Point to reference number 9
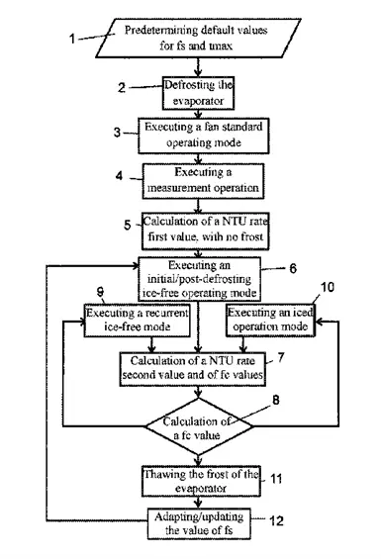tap(101, 294)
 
